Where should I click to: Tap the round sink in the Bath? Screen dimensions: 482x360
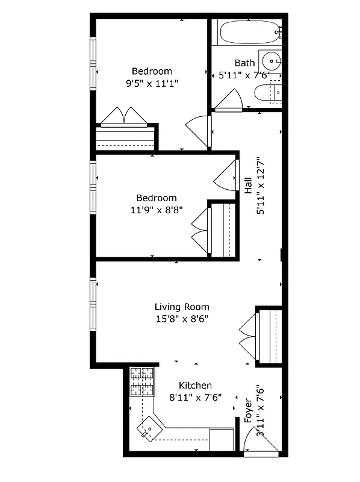[273, 61]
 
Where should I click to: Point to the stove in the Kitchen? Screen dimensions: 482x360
[141, 382]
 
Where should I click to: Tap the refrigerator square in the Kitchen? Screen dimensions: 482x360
[221, 439]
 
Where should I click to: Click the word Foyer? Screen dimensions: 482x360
[248, 410]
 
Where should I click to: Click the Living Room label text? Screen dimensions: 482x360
[181, 307]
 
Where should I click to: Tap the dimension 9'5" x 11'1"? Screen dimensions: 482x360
[152, 83]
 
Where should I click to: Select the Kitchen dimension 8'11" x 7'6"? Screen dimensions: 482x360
[195, 397]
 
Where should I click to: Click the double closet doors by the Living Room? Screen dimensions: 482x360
[248, 336]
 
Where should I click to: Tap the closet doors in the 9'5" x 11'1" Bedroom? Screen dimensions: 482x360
[123, 117]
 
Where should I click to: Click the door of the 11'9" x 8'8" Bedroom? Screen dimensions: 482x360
[226, 175]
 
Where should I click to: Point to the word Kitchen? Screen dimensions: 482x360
[195, 386]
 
